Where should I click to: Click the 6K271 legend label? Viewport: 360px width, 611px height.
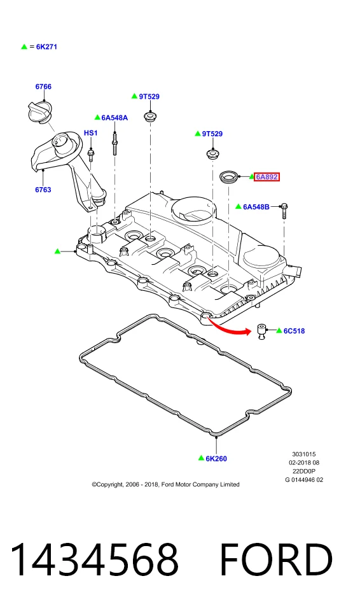46,46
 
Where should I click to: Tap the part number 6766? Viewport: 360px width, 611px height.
43,87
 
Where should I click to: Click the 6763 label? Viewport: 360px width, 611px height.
43,190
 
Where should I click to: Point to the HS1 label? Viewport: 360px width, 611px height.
91,133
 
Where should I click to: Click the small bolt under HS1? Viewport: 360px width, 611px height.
91,155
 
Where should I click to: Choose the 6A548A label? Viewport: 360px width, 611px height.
114,118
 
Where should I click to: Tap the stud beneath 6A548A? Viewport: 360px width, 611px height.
115,144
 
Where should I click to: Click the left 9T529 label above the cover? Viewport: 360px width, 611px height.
149,97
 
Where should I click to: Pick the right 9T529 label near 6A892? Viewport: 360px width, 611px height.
212,134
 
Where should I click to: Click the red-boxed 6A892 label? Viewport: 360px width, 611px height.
267,177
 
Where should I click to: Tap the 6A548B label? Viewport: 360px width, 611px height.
256,207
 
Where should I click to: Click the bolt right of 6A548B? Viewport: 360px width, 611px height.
284,211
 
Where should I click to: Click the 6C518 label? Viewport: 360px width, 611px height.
294,331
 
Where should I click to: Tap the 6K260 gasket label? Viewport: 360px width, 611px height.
216,459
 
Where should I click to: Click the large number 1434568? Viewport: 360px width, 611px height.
94,560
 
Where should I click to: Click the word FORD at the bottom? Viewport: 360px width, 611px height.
276,560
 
